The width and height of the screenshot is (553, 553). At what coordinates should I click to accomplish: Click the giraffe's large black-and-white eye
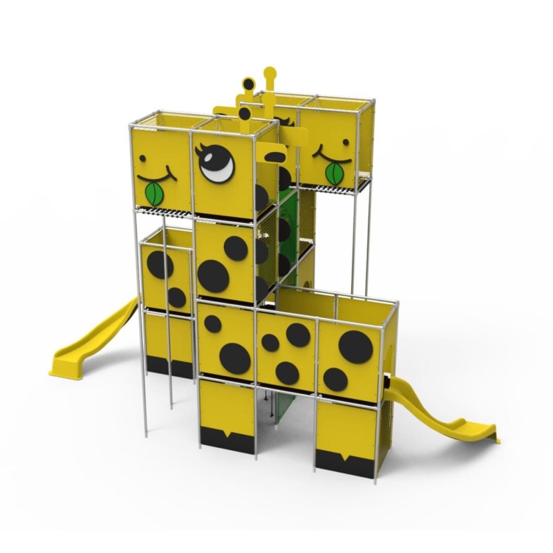(218, 164)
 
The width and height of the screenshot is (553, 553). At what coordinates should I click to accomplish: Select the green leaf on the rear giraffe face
(335, 173)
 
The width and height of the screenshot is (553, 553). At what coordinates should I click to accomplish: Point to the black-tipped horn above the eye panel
(247, 86)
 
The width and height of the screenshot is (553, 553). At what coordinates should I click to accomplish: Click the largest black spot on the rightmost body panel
(355, 346)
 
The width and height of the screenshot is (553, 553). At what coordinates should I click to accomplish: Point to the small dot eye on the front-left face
(142, 158)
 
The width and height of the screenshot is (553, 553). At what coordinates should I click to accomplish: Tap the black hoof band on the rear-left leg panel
(169, 367)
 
